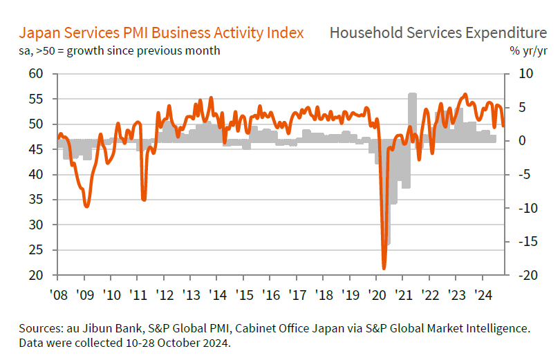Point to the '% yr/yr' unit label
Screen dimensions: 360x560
pyautogui.click(x=529, y=50)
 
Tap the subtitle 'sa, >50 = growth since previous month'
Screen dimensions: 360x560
pyautogui.click(x=120, y=50)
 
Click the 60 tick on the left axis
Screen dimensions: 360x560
pyautogui.click(x=37, y=74)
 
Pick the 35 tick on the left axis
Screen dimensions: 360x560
pyautogui.click(x=37, y=200)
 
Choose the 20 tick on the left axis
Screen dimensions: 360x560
pyautogui.click(x=37, y=276)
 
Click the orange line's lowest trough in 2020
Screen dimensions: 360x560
pyautogui.click(x=384, y=268)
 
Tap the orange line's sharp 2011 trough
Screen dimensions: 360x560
pyautogui.click(x=144, y=200)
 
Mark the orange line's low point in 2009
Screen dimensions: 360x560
pyautogui.click(x=86, y=206)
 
